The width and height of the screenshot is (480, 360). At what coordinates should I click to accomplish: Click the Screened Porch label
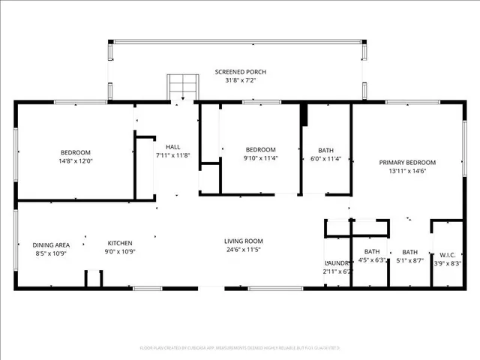(x=240, y=72)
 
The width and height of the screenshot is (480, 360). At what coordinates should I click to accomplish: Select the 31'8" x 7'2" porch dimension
(x=240, y=80)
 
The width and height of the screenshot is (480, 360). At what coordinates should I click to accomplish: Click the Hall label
(x=173, y=147)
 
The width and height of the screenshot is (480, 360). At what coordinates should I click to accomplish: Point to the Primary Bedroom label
(x=407, y=163)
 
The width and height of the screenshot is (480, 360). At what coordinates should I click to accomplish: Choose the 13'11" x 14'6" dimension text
(x=407, y=172)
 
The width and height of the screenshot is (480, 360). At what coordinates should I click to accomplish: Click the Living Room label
(x=244, y=241)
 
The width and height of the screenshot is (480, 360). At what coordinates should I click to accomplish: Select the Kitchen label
(x=120, y=243)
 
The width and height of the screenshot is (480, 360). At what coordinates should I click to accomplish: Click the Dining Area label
(x=51, y=244)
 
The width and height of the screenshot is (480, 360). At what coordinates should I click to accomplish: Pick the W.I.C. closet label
(x=448, y=254)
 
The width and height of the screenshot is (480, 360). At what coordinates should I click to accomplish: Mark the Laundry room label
(x=337, y=263)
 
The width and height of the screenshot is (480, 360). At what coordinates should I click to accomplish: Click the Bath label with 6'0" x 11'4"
(x=325, y=150)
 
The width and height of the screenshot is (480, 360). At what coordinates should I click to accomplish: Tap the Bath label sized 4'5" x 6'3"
(x=372, y=252)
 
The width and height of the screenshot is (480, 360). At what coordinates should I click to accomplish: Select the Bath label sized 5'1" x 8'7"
(x=409, y=252)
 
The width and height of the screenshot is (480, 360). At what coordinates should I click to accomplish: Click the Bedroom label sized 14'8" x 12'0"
(x=75, y=152)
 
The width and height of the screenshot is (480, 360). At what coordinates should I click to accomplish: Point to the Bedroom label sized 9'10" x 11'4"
(x=260, y=149)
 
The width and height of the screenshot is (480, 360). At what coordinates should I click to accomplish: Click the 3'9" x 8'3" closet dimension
(x=448, y=263)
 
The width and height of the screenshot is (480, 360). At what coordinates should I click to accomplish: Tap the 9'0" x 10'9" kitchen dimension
(x=120, y=253)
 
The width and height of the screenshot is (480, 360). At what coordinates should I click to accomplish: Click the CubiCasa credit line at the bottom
(x=240, y=348)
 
